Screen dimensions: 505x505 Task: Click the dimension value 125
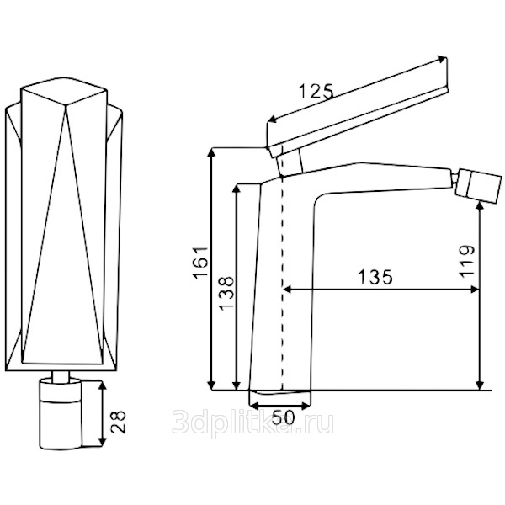(x=316, y=90)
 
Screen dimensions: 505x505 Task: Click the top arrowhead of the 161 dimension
(x=210, y=152)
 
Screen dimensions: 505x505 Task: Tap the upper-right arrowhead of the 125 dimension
(x=443, y=60)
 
